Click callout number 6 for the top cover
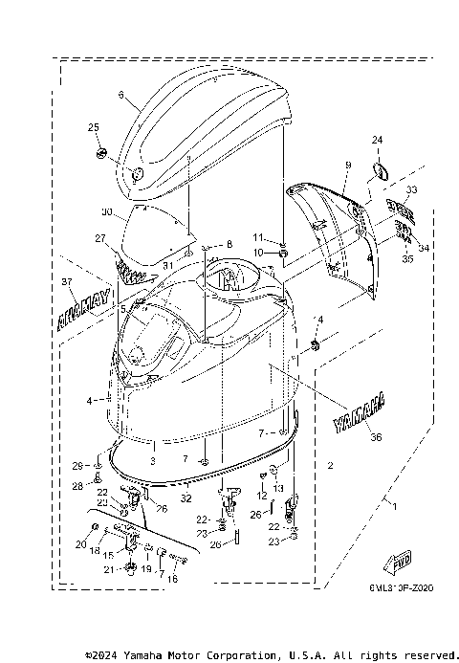(121, 95)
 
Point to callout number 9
(348, 166)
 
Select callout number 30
(107, 211)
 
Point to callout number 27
(99, 238)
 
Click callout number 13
(278, 488)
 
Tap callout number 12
(260, 496)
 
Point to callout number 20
(79, 544)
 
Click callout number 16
(171, 579)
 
